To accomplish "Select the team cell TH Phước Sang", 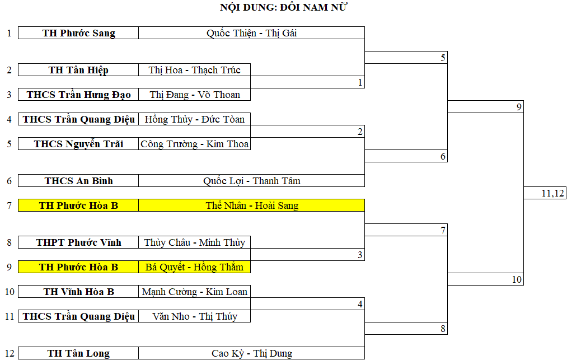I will [x=78, y=33].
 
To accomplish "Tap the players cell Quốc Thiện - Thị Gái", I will [x=251, y=33].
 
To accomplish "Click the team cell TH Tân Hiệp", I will [x=78, y=70].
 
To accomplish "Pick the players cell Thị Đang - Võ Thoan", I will [x=194, y=95].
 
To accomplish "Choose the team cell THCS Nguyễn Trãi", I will [x=78, y=144].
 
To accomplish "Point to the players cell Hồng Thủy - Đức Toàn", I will [x=194, y=119].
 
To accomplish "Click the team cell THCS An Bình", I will [x=78, y=181].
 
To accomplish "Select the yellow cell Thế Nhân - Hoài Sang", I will [x=251, y=205].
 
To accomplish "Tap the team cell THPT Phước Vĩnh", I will [x=78, y=242].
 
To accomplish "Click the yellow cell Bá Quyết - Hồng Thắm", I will [x=194, y=267].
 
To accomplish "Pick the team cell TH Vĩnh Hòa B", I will [x=78, y=292].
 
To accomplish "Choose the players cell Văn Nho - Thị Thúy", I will [x=194, y=316].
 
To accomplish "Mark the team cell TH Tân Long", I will [x=78, y=353].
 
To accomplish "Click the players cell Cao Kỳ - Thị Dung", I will [x=251, y=353].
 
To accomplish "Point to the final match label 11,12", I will [x=553, y=193].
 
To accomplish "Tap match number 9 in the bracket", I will [x=519, y=107].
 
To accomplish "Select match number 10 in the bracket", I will [x=517, y=279].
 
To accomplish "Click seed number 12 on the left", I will [x=9, y=353].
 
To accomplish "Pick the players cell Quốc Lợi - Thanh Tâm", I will [x=251, y=181].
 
